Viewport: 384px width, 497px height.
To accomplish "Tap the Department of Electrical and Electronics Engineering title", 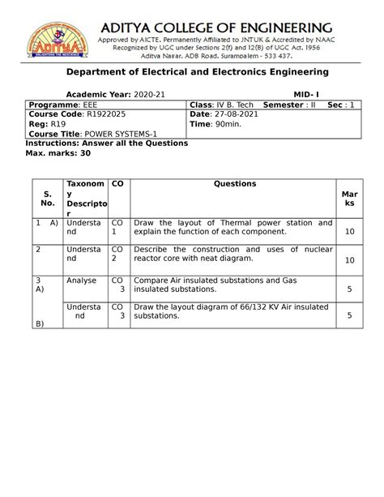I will pyautogui.click(x=191, y=72).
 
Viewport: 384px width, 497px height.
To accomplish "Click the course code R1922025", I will pyautogui.click(x=113, y=115).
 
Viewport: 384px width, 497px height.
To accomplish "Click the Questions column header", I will pyautogui.click(x=235, y=184).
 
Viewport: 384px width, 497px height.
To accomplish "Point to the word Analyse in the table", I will pyautogui.click(x=82, y=280).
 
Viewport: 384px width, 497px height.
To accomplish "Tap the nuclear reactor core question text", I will pyautogui.click(x=233, y=255).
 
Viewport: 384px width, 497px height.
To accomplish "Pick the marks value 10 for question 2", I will pyautogui.click(x=350, y=260).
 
